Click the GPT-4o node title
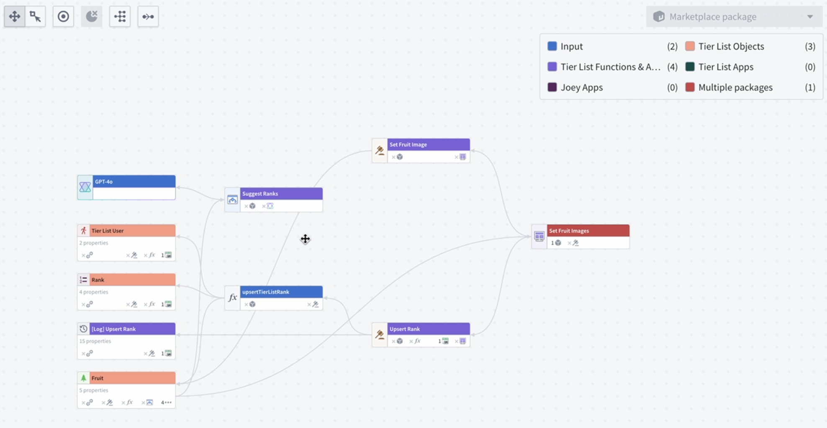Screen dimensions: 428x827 [x=104, y=182]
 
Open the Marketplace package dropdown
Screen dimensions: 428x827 [x=734, y=17]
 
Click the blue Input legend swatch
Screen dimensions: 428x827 [x=552, y=46]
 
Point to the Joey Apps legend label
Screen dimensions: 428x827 [x=581, y=87]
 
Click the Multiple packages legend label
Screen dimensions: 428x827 [x=735, y=87]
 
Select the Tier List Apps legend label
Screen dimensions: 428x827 [x=725, y=67]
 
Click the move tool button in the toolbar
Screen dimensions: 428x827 [x=15, y=17]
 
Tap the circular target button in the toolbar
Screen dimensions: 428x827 [x=63, y=17]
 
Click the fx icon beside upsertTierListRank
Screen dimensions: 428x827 [x=232, y=298]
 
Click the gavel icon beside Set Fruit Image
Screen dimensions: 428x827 [x=380, y=150]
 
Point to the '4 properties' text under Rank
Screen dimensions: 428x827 [x=94, y=292]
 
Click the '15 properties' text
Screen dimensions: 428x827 [x=95, y=341]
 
